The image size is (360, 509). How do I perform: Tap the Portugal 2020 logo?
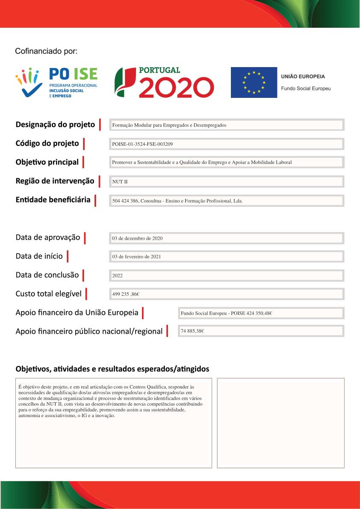click(164, 82)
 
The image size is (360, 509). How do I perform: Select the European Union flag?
click(254, 82)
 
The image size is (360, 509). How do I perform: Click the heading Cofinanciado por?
click(46, 51)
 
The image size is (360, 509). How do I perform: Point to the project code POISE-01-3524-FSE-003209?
click(142, 144)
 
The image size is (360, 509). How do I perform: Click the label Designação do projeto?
click(55, 125)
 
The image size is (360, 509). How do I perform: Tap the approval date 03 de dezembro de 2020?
click(137, 238)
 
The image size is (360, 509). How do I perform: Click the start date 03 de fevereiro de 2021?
click(136, 257)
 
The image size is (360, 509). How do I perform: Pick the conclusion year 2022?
click(117, 276)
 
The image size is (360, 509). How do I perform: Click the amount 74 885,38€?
click(192, 331)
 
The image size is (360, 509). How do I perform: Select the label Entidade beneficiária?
click(53, 200)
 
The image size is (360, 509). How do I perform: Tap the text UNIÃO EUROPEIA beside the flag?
click(303, 76)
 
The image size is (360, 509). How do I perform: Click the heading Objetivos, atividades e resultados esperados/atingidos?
click(112, 368)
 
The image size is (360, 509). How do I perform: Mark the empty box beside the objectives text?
click(280, 423)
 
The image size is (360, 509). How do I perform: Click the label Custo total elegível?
click(48, 294)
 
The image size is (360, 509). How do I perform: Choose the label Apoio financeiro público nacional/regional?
click(89, 331)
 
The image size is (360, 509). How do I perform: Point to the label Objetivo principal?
click(47, 162)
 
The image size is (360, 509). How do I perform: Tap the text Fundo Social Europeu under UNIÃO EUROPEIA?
click(305, 88)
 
